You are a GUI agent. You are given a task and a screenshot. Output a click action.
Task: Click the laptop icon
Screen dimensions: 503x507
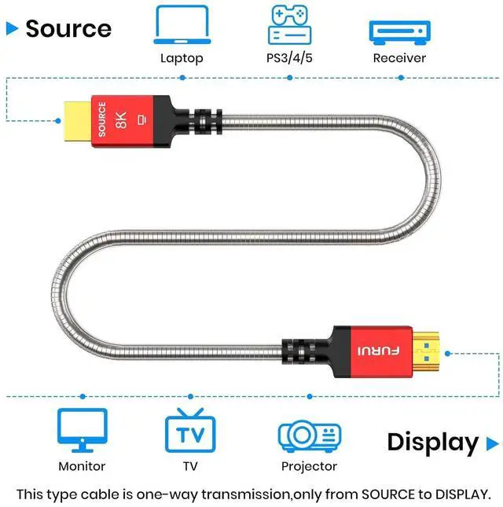pos(182,25)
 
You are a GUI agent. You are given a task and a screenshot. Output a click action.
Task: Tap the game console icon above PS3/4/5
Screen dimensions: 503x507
pos(290,24)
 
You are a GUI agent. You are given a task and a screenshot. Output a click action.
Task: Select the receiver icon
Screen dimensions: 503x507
pos(399,31)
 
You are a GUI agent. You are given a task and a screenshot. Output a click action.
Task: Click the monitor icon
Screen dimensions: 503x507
pos(82,429)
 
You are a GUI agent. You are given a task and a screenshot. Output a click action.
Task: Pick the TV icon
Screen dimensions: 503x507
pos(190,431)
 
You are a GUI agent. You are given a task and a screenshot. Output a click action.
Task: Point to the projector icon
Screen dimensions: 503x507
pos(309,435)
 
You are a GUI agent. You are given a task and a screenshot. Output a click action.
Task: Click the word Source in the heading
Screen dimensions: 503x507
pos(68,28)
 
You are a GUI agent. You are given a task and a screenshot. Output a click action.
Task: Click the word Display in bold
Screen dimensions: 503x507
pos(432,442)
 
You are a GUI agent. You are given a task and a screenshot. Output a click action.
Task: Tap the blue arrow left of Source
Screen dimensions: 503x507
pos(12,28)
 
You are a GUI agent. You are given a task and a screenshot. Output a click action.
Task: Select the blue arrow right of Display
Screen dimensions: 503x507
pos(492,442)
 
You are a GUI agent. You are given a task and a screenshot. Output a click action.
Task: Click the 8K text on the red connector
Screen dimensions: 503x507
pos(121,119)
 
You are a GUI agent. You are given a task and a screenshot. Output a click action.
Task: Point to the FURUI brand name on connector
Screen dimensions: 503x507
pos(380,351)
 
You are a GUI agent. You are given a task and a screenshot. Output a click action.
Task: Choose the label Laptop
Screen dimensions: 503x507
pos(182,58)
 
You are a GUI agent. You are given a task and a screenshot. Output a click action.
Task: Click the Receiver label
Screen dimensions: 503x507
pos(399,58)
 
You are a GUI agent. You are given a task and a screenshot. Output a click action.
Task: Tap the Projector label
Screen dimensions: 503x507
pos(309,466)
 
